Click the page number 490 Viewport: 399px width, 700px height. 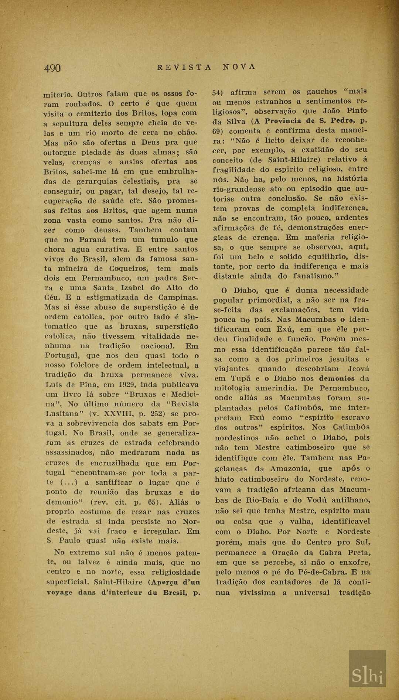click(52, 68)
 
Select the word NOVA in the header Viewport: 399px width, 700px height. click(239, 67)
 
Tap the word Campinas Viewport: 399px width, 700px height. click(179, 297)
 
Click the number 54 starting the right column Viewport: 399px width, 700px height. click(218, 92)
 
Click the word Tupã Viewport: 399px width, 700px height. click(241, 379)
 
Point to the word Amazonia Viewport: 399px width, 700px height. click(290, 469)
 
